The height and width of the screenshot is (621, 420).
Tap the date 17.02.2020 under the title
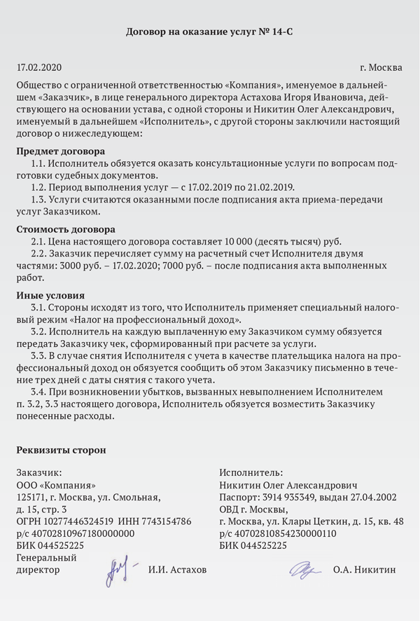(x=39, y=68)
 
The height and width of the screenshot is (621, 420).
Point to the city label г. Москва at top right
(x=381, y=68)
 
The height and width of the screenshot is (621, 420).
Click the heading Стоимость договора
(x=65, y=229)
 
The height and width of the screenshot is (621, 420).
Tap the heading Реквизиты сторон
(x=61, y=450)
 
